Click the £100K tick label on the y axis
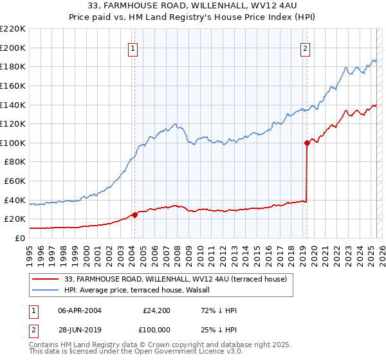[x=13, y=143]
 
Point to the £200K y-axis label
[x=13, y=48]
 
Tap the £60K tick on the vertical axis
[x=15, y=181]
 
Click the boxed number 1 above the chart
[x=133, y=48]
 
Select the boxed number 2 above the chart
[x=305, y=48]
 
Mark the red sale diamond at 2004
[x=134, y=215]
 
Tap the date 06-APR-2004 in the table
[x=80, y=310]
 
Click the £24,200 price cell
[x=156, y=310]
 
